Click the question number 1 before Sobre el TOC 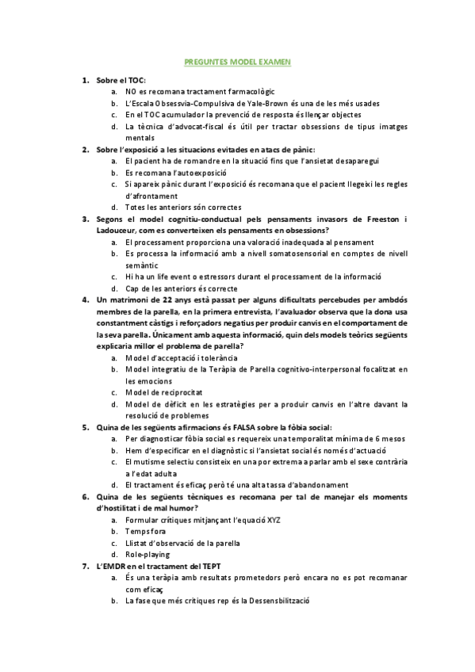pos(84,81)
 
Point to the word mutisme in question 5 pos(148,461)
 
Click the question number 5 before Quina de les pos(84,426)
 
